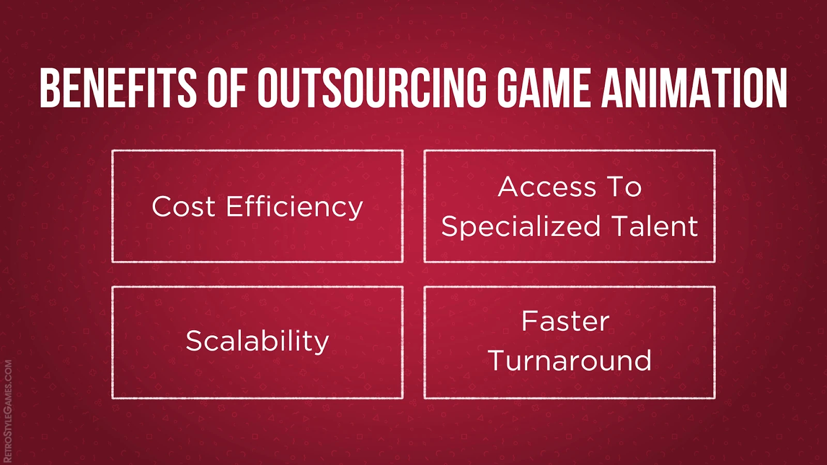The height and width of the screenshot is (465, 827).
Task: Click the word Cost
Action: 183,206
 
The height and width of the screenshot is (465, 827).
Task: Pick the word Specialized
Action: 521,227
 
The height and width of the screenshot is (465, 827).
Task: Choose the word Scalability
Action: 257,342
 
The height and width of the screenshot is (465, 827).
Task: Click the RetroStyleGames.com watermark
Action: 8,411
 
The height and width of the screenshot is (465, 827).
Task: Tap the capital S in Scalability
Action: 195,341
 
